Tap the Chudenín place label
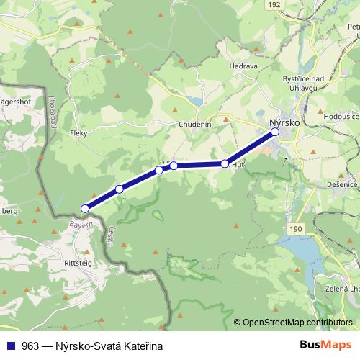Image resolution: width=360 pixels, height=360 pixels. point(195,124)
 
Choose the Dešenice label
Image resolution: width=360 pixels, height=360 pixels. point(341,185)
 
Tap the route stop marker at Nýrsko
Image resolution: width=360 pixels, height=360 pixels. point(275,132)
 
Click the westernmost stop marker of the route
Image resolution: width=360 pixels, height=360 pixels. point(85,208)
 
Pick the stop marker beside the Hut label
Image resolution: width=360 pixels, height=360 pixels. point(225,164)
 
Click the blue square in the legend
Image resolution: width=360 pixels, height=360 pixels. point(11,344)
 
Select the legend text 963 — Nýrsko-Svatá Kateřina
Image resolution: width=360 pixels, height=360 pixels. point(81,344)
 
